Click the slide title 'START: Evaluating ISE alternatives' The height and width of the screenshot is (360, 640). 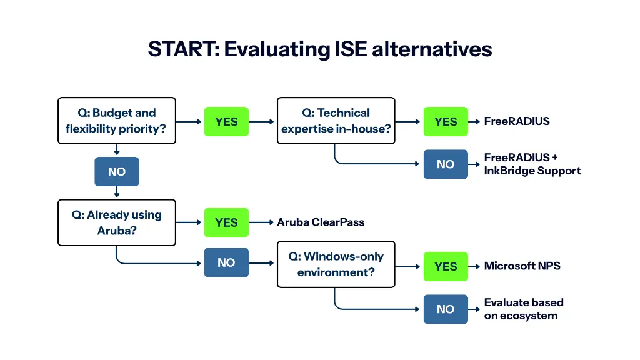(320, 49)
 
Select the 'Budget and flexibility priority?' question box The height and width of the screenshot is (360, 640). (117, 121)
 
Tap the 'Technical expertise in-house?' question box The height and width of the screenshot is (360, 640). (336, 121)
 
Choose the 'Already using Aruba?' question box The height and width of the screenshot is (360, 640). (117, 222)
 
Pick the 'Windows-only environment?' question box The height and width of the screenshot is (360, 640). (336, 264)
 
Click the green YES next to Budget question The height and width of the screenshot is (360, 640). (226, 122)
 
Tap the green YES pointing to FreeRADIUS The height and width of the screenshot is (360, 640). (446, 122)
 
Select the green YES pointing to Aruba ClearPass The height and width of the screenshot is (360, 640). (226, 222)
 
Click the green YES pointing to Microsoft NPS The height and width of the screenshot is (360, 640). (446, 267)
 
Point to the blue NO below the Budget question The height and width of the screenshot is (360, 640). (117, 172)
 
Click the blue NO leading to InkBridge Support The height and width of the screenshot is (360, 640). (446, 164)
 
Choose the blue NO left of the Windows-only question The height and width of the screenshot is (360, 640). (226, 263)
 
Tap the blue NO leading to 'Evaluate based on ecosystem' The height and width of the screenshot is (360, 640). (446, 309)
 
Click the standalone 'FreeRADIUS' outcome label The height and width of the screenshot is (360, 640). (517, 121)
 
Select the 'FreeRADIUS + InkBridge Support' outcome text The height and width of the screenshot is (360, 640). (532, 164)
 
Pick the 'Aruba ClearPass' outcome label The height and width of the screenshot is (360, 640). (321, 222)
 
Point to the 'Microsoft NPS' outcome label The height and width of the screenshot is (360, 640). (522, 266)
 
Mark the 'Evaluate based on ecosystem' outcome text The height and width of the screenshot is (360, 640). (524, 309)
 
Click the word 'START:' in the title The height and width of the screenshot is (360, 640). (183, 49)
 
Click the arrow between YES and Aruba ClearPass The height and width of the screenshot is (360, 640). (262, 222)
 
